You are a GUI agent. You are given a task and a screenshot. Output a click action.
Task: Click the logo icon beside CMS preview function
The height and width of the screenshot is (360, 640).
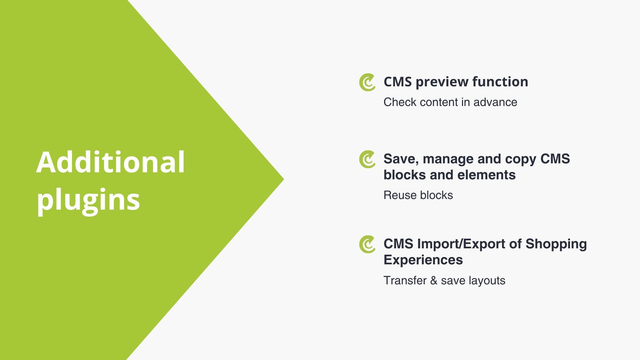pos(367,82)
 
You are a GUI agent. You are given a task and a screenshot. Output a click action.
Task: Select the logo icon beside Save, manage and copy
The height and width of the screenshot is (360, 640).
pos(367,159)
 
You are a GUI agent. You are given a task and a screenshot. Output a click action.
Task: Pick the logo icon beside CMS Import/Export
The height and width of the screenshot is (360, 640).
pos(367,244)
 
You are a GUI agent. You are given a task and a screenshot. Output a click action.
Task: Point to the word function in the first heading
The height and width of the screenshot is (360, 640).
pos(500,82)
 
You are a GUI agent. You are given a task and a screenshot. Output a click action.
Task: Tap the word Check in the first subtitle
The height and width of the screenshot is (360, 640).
pos(400,102)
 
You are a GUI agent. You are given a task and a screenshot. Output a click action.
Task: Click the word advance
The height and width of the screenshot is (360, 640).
pos(495,102)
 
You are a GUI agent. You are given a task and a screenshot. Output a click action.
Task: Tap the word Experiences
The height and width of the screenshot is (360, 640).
pos(423,260)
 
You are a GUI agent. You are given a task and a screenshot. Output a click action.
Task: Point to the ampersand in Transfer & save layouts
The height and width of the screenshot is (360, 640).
pos(434,281)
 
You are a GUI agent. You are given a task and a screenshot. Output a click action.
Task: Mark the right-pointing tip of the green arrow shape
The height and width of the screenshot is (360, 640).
pos(284,179)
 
